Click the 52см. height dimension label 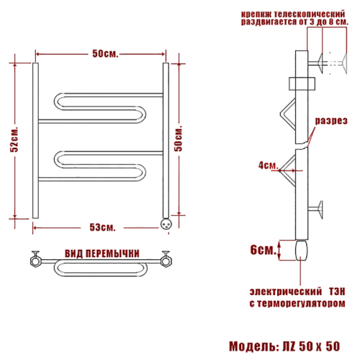pos(14,139)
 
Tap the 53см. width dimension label pos(102,227)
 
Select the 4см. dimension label pos(268,165)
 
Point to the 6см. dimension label pos(263,250)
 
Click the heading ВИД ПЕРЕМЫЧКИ pos(102,253)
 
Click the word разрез pos(331,120)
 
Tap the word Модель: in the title pos(254,346)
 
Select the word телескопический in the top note pos(310,14)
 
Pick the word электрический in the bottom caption pos(286,292)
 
